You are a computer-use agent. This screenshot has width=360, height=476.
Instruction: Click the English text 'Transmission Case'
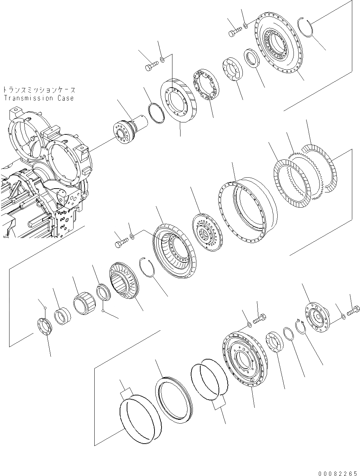[x=39, y=98]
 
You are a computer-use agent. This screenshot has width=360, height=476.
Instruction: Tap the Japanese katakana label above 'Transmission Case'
[x=39, y=90]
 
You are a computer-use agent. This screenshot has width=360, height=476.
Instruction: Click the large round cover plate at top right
[x=278, y=46]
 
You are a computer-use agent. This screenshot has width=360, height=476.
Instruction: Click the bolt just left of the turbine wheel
[x=120, y=242]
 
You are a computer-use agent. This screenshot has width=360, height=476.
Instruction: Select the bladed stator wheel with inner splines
[x=124, y=282]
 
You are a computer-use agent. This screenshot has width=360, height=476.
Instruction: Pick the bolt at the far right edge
[x=353, y=311]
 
